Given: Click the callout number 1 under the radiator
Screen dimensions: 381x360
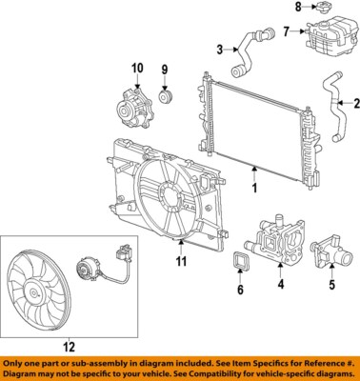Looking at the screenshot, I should [x=254, y=189].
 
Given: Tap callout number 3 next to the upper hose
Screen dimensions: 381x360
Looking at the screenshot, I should [x=220, y=50].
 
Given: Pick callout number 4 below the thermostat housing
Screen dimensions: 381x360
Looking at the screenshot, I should [x=279, y=284].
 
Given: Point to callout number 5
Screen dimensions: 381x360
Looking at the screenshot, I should [x=331, y=284].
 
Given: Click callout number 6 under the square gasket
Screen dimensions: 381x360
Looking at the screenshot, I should [x=240, y=289].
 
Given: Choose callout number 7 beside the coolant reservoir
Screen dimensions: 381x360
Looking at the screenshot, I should [x=285, y=32].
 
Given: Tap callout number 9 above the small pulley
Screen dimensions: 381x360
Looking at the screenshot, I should [x=164, y=70].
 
